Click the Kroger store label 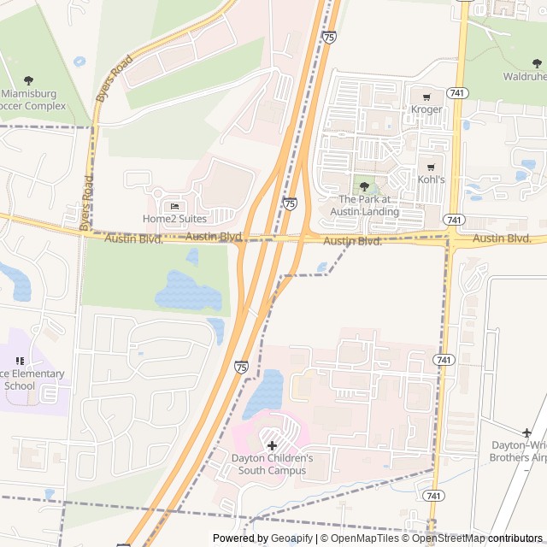point(426,109)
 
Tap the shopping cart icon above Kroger point(426,97)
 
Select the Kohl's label point(430,179)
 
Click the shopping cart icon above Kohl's point(431,168)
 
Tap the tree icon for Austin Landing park point(365,187)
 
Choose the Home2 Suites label point(174,219)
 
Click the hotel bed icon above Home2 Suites point(175,206)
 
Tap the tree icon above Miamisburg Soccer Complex point(28,80)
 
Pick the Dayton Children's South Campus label point(272,464)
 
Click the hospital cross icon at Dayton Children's point(272,445)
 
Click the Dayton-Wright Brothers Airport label point(518,451)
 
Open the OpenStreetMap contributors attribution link point(479,538)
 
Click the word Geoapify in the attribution point(291,538)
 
